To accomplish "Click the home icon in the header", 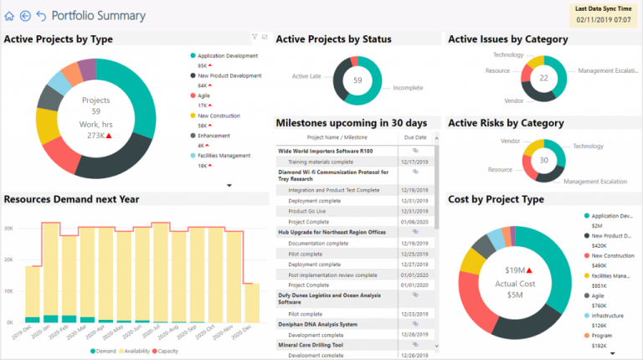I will point(9,16).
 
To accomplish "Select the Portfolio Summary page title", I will point(98,16).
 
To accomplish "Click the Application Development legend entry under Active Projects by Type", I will point(227,56).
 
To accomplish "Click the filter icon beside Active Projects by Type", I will point(255,37).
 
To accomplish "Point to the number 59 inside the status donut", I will point(358,80).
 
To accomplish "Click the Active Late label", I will point(306,76).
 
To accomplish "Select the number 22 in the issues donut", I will point(543,78).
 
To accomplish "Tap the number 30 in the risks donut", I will point(543,161).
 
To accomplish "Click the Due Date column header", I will point(414,137).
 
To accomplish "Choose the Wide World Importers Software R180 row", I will point(332,151).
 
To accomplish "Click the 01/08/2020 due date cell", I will point(414,223).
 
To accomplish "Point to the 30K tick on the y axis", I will point(8,227).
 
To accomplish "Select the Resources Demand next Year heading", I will point(72,199).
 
